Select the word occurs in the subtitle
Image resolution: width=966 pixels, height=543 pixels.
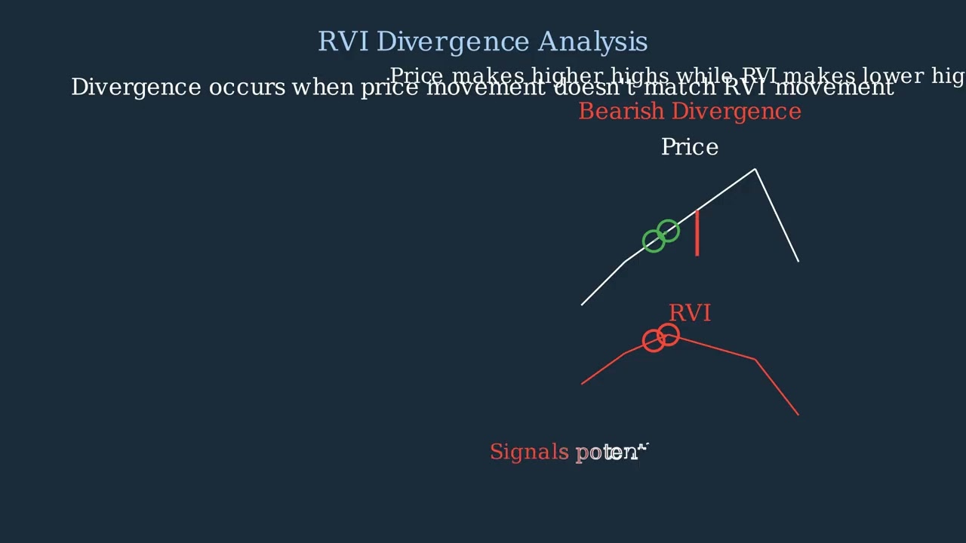tap(247, 87)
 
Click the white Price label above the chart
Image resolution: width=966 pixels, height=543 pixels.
tap(689, 147)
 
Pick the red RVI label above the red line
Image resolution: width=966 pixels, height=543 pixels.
tap(689, 313)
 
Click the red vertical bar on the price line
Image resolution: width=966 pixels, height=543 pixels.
tap(697, 233)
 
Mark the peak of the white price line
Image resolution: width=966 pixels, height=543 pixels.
tap(755, 170)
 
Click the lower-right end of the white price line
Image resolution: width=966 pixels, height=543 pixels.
tap(798, 261)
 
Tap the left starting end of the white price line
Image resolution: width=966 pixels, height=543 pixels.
tap(582, 305)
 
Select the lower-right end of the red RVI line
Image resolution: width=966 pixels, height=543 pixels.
tap(798, 414)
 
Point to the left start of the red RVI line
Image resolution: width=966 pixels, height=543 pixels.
tap(582, 384)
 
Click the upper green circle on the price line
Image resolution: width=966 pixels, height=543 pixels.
tap(668, 231)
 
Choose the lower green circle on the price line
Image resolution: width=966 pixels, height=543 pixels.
tap(654, 241)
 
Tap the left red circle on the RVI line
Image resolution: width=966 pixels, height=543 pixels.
tap(654, 341)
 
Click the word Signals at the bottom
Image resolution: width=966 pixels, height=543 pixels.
tap(529, 452)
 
